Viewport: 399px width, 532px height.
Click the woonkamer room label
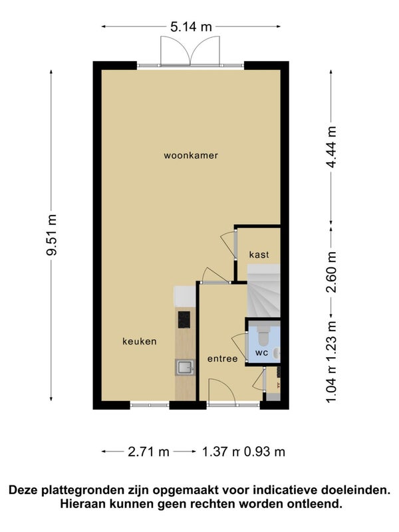point(191,156)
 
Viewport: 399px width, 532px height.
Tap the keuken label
point(140,341)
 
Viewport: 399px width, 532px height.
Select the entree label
point(222,358)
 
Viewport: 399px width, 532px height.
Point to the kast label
point(259,255)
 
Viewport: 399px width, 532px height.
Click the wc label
point(261,353)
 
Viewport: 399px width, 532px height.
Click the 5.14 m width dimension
point(191,27)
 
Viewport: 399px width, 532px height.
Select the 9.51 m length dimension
point(52,235)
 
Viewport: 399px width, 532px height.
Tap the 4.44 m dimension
point(331,146)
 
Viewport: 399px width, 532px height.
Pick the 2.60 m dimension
point(331,272)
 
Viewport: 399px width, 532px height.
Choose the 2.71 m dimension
point(148,452)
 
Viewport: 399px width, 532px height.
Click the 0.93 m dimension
point(265,452)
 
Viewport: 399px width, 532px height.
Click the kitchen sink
point(185,368)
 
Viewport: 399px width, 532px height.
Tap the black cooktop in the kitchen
point(184,320)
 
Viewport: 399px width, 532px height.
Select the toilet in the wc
point(263,334)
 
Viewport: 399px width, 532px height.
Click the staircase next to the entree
point(263,291)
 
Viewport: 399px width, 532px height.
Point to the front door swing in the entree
point(221,390)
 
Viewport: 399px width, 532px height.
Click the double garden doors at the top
point(191,50)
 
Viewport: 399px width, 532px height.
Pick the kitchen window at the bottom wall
point(150,405)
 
